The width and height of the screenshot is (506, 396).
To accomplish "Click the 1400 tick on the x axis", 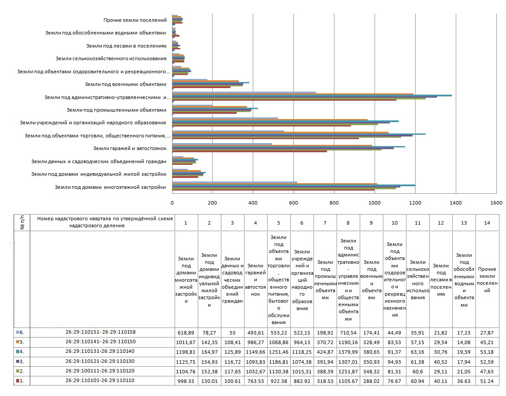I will coord(456,203).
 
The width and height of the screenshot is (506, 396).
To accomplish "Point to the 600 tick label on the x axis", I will coord(293,203).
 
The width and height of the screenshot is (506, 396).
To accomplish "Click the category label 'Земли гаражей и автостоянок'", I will coord(130,148).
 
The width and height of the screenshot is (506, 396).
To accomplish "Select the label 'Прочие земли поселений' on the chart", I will coord(135,20).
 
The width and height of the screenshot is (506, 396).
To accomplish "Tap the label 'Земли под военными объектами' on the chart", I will coord(126,84).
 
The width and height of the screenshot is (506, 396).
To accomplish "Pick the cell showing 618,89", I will coord(186,333).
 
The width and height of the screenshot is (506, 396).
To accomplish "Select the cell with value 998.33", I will coord(186,381).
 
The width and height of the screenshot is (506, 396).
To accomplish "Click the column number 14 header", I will coord(487,223).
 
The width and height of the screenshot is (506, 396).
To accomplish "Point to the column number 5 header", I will coord(278,223).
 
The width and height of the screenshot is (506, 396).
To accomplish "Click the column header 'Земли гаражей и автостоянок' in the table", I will coord(255,279).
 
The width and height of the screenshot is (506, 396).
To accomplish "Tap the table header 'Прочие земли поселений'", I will coord(487,279).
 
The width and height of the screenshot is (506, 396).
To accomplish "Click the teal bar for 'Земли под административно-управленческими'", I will coord(312,95).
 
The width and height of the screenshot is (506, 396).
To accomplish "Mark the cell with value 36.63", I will coord(464,381).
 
